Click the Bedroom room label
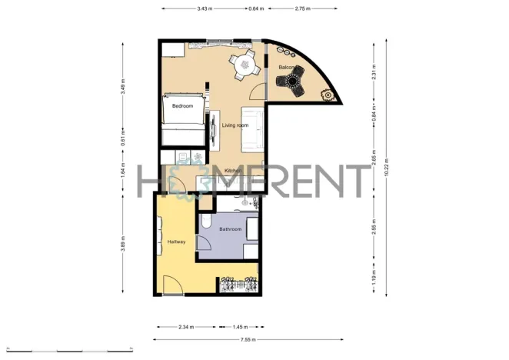182,105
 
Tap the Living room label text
235,125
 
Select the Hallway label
176,243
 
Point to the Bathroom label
231,229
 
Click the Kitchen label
233,171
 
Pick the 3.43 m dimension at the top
204,8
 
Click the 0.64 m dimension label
255,8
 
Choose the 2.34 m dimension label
185,327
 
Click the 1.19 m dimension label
374,275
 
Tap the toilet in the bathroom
206,222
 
